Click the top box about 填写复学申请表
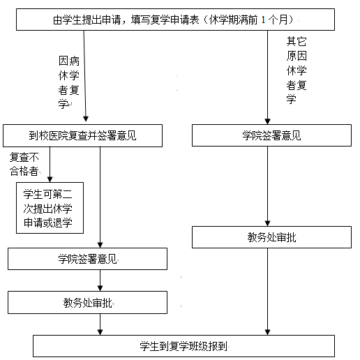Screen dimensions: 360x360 175,20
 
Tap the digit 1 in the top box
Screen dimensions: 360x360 263,20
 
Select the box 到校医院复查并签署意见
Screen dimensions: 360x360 82,135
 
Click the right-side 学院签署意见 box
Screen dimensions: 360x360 271,135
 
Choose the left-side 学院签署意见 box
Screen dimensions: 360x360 87,259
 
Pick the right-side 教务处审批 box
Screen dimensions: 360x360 271,237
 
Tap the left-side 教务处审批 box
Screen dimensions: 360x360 87,303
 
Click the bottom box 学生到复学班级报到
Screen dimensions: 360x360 183,346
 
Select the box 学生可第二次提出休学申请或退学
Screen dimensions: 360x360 50,208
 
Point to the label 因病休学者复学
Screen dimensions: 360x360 69,82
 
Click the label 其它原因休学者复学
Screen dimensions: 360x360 297,70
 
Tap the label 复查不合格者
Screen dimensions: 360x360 24,164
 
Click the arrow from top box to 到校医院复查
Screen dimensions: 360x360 85,76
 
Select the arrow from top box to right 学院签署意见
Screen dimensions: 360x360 267,77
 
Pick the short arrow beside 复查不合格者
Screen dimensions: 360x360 50,165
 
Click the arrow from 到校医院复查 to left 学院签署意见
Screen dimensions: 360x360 100,197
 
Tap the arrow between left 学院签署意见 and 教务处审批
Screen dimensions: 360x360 100,280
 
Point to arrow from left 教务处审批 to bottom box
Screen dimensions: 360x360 100,324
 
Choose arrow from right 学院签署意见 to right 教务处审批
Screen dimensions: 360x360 267,186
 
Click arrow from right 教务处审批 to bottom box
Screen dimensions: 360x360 267,292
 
